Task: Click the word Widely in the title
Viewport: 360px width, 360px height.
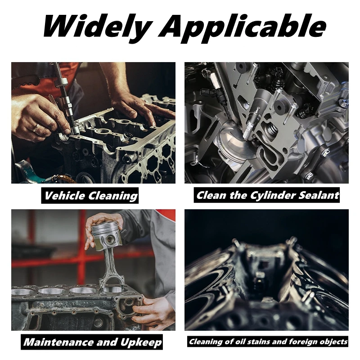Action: pyautogui.click(x=97, y=26)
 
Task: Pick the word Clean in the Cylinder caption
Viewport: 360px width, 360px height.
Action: pyautogui.click(x=210, y=196)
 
